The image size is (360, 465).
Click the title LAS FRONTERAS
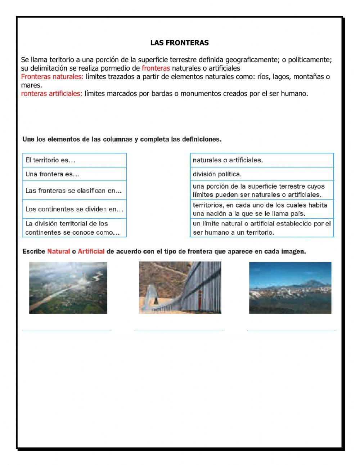[179, 43]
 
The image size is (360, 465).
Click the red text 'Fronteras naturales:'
[52, 77]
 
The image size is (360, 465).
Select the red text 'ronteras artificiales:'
[51, 94]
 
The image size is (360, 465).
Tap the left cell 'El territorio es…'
[75, 160]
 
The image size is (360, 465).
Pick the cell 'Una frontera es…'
[75, 174]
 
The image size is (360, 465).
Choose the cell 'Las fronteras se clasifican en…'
[75, 191]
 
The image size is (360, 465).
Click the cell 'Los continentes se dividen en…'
[75, 209]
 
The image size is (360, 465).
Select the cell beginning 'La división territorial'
[75, 228]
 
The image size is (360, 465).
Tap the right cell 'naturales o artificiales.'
[262, 160]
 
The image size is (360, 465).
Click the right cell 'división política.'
[262, 174]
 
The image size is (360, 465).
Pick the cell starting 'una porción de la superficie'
[262, 191]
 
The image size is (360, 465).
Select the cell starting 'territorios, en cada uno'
[262, 209]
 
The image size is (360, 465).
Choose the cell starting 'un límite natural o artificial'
[262, 228]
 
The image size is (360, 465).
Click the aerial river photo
[68, 288]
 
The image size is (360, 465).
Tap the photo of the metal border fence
[180, 287]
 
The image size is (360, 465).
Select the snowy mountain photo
[290, 288]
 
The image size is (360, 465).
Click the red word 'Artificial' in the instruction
[91, 251]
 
